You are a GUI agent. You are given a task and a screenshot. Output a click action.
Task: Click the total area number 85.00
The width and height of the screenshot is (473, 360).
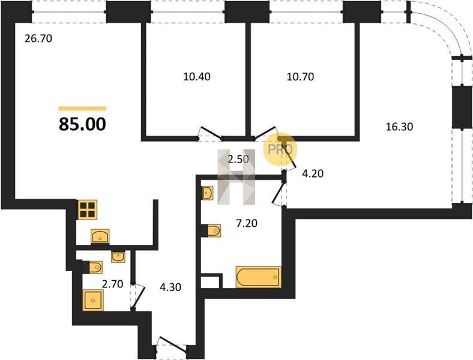pos(82,124)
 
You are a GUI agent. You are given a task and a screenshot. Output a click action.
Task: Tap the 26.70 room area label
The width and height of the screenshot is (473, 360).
pos(38,38)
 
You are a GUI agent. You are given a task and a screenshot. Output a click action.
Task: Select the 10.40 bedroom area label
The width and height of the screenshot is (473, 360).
pos(197,77)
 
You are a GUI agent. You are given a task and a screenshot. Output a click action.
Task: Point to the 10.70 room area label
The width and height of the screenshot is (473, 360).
pos(301,77)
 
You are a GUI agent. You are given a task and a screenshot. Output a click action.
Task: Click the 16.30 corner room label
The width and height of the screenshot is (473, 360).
pos(399,127)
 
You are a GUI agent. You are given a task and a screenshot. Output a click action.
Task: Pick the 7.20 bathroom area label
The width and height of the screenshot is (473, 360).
pos(247,223)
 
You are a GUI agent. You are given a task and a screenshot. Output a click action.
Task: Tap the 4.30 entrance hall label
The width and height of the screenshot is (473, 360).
pos(170,287)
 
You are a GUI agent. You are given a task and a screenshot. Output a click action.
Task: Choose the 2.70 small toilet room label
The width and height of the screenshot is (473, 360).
pos(112,284)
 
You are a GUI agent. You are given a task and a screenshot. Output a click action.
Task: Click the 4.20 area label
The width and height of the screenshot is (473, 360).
pos(313,173)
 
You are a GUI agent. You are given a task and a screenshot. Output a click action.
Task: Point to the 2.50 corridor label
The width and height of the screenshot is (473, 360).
pos(238,159)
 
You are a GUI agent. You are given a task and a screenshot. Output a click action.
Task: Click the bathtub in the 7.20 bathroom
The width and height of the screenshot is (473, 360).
pos(259,277)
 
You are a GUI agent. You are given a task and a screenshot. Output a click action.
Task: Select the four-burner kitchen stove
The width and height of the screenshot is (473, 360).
pos(88,209)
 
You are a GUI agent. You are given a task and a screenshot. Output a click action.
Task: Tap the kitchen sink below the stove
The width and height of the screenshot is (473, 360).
pos(100,236)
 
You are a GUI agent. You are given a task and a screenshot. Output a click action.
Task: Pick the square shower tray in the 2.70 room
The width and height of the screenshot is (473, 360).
pos(93,300)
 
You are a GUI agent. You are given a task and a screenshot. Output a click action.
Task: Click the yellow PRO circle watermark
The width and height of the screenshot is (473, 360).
pos(280,149)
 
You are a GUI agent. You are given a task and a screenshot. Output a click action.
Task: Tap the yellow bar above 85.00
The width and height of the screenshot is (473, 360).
pos(83,109)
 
